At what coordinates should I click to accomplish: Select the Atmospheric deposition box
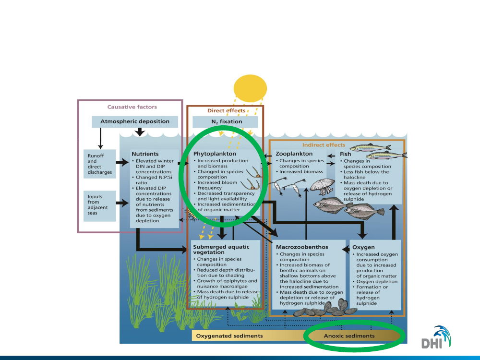135,121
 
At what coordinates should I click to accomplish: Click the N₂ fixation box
227,122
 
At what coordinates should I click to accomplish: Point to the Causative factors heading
132,107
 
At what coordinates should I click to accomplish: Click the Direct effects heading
226,110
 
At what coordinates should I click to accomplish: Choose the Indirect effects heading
324,144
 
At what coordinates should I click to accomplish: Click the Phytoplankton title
211,154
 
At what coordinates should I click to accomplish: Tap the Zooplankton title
294,154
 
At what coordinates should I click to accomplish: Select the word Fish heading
346,154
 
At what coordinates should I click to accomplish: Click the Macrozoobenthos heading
302,247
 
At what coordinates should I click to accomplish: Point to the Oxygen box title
364,247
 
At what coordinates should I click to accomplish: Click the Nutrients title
145,154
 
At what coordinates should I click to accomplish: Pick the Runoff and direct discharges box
100,164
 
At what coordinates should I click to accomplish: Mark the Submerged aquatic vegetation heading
221,250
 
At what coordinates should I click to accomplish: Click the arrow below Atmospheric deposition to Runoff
101,139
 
